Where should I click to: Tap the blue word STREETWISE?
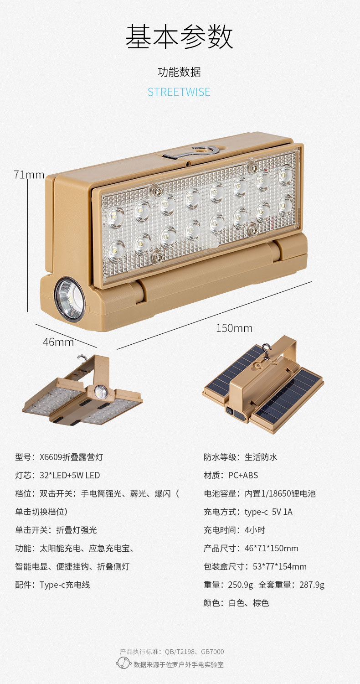point(179,92)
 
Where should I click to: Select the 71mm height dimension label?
point(29,175)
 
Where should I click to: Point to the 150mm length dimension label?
point(234,328)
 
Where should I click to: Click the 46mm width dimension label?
point(58,342)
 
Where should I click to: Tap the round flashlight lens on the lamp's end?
point(70,299)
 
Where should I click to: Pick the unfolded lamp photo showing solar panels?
point(263,384)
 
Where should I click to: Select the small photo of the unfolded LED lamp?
point(82,391)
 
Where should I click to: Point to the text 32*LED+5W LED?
point(70,475)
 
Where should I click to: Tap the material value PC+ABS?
point(243,475)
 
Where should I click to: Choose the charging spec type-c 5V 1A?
point(268,512)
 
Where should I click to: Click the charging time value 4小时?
point(255,530)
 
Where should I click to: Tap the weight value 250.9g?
point(241,585)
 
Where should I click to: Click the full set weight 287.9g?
point(312,585)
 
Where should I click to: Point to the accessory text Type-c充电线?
point(65,585)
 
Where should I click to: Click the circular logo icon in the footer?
point(123,663)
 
